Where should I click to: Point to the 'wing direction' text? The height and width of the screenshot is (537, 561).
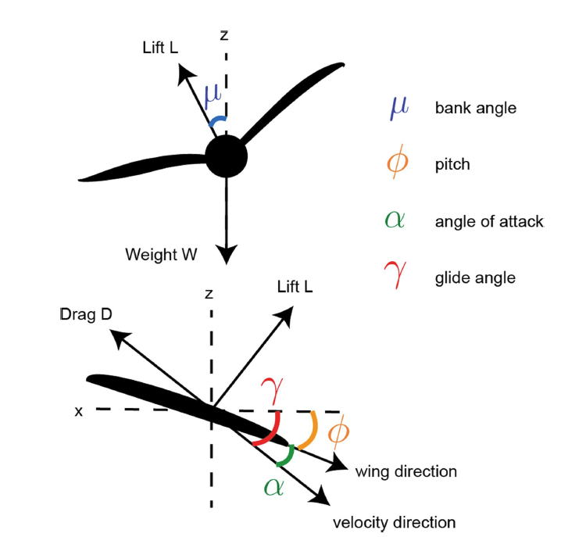406,471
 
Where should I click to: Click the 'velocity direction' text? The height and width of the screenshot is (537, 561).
394,521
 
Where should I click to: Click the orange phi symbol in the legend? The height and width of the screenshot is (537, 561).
397,164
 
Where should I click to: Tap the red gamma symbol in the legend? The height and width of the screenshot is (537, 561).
397,276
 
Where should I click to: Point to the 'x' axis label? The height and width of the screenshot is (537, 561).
78,410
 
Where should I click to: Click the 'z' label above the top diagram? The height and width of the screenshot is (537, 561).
224,35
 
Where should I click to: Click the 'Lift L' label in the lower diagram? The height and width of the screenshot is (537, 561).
295,288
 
